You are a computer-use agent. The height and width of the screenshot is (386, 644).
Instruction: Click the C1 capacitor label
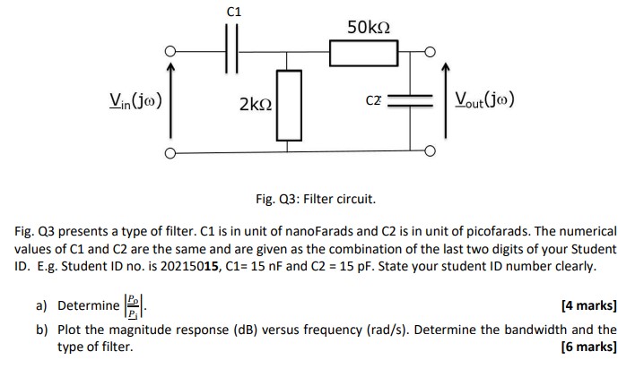click(x=234, y=12)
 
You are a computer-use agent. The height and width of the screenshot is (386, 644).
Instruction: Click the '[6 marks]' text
click(x=587, y=347)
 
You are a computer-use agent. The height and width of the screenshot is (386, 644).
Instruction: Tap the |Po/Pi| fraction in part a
click(x=133, y=306)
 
